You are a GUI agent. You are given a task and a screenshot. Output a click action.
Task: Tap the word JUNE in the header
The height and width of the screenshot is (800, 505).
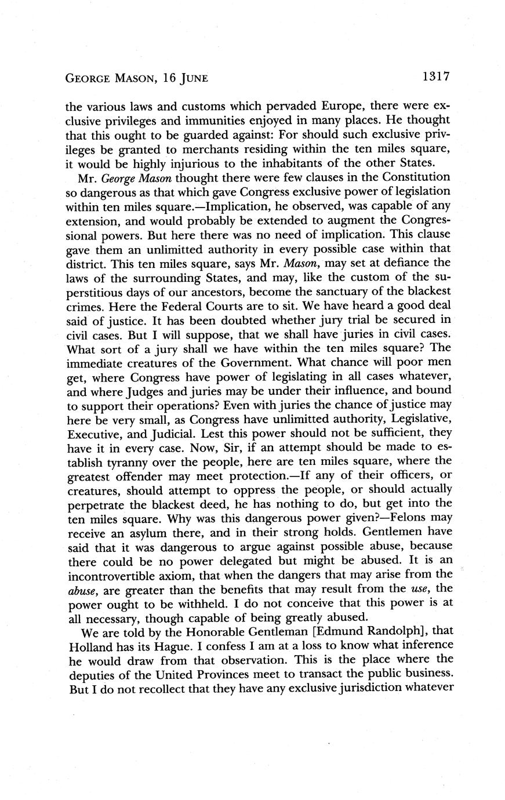(189, 77)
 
